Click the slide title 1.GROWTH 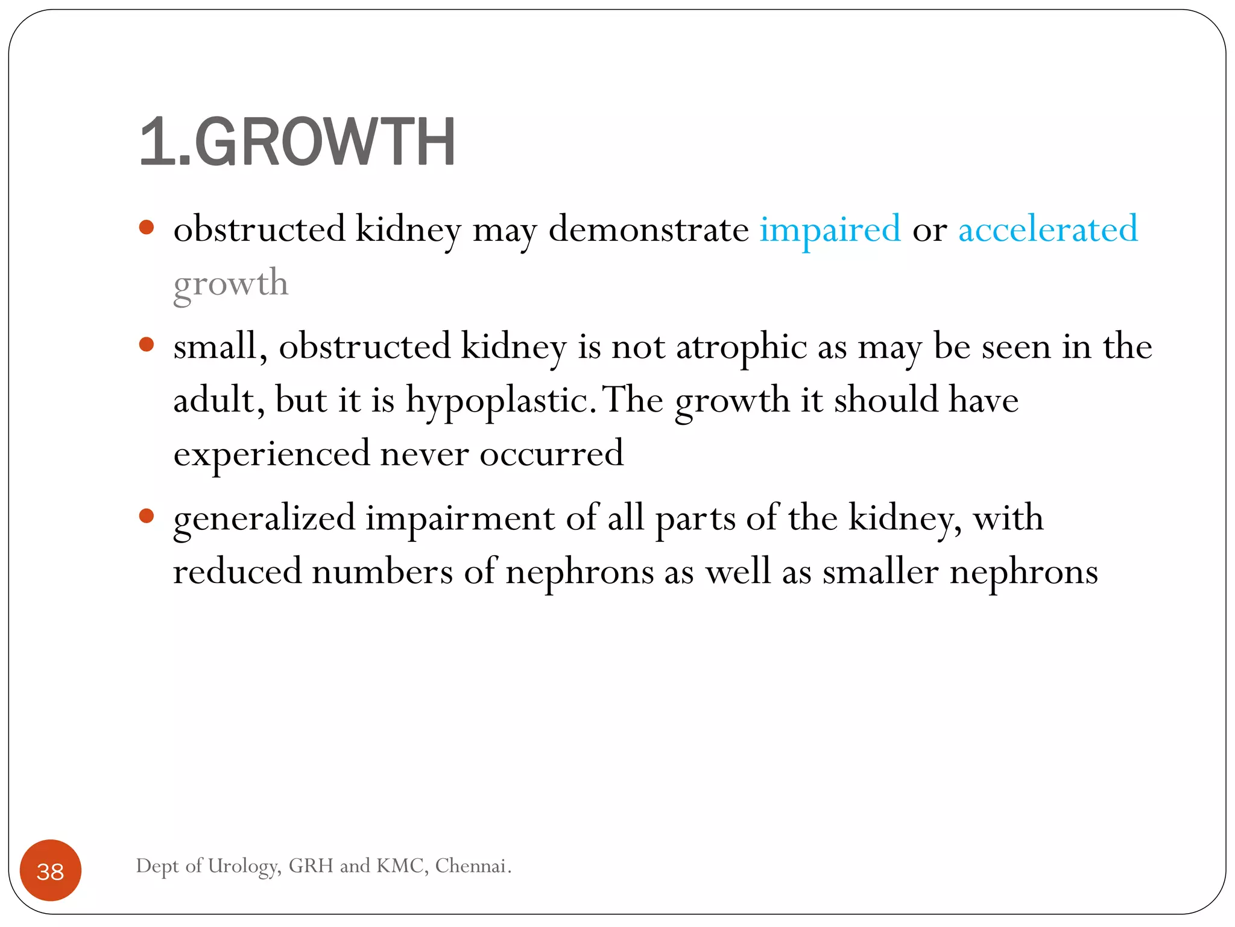point(297,142)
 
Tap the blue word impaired point(830,230)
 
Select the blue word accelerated point(1048,230)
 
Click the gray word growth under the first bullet point(231,284)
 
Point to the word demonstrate point(648,230)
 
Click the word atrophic point(741,348)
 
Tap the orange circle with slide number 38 point(51,870)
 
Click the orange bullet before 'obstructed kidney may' point(147,228)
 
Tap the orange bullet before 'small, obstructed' point(147,345)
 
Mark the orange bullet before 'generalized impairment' point(147,516)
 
